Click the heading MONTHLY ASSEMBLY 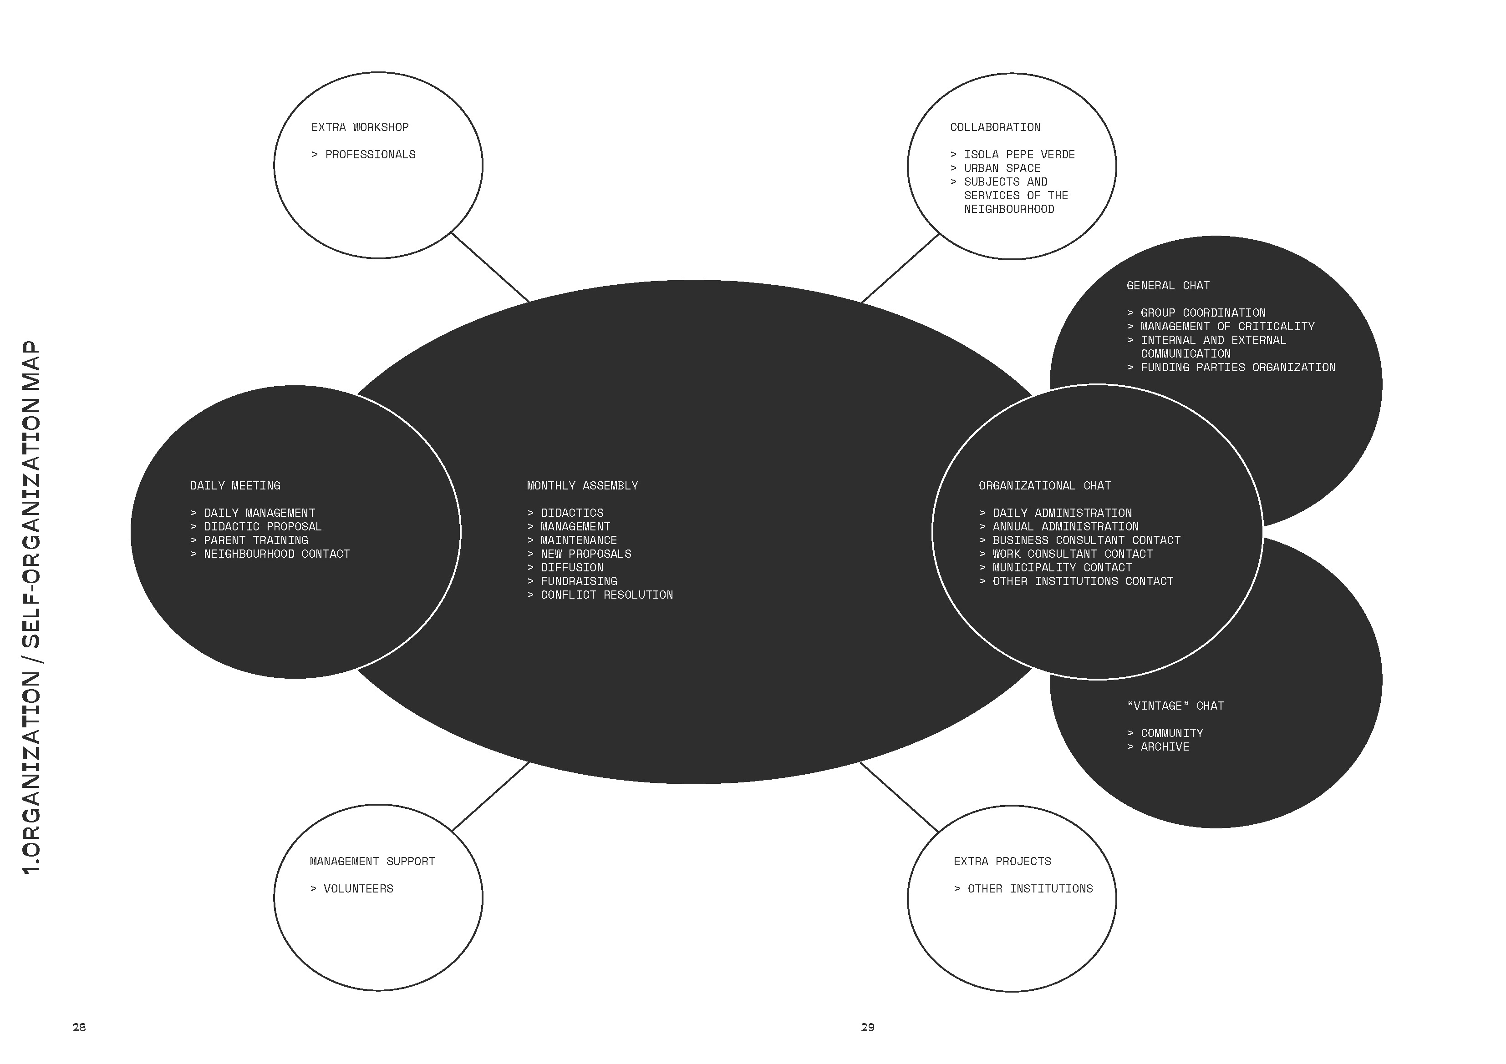click(582, 486)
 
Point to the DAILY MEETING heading click(235, 486)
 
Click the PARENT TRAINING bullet click(249, 540)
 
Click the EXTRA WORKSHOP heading click(360, 127)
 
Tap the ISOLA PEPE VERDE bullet click(1013, 155)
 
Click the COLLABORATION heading click(995, 127)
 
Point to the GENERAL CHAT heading click(1168, 286)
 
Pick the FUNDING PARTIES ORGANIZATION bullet click(1231, 368)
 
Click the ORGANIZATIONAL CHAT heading click(1045, 486)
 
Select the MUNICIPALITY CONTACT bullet click(1055, 568)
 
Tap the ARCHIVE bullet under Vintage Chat click(1158, 747)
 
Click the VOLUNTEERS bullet click(351, 889)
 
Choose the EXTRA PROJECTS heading click(1002, 862)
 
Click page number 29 click(868, 1027)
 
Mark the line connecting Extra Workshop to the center click(490, 267)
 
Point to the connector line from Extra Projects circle click(899, 797)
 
